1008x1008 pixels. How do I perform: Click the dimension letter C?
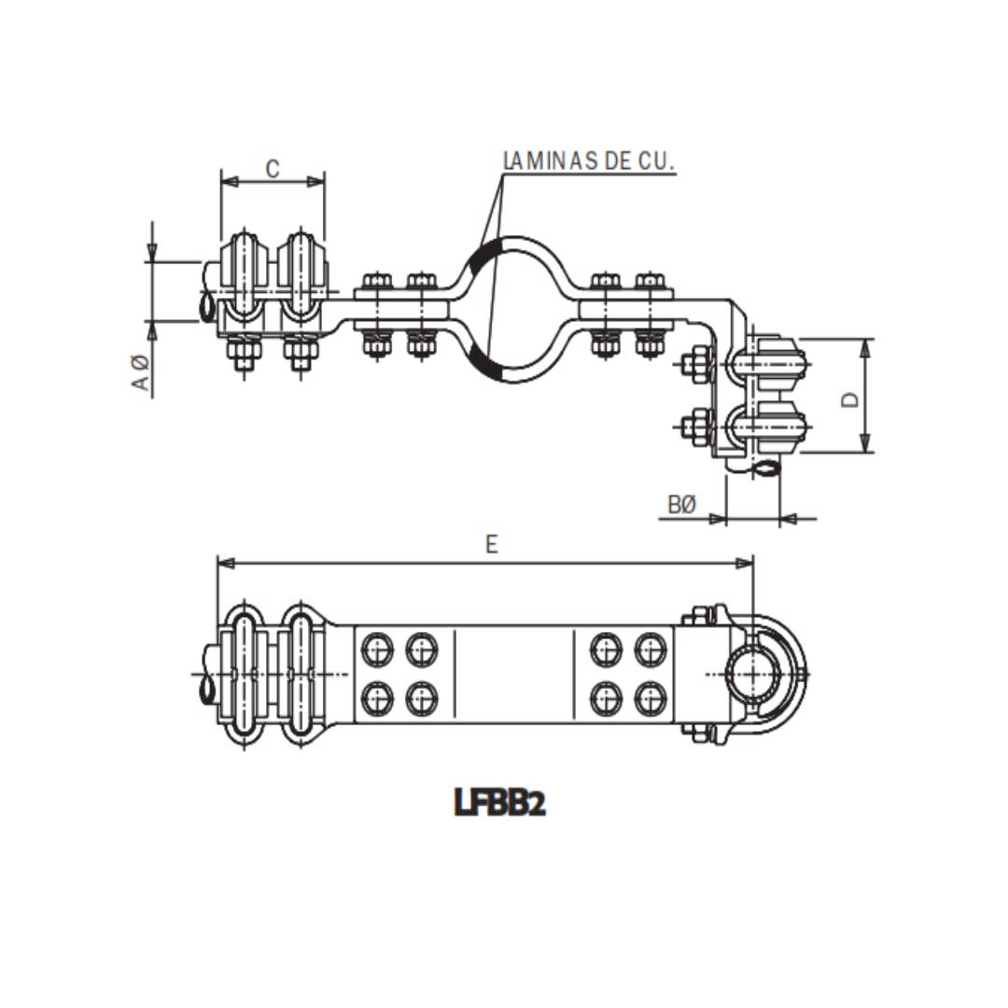(x=273, y=169)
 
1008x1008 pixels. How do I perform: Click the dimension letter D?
(x=848, y=399)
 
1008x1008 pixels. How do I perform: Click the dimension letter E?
(x=492, y=544)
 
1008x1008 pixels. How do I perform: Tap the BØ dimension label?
(x=682, y=505)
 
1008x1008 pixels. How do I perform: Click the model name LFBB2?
(x=500, y=802)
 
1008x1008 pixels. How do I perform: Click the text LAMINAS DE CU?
(x=588, y=161)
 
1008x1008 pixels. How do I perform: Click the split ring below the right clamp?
(x=765, y=469)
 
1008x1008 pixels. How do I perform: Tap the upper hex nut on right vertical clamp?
(x=694, y=364)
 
